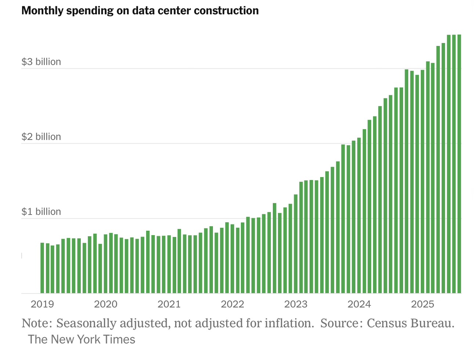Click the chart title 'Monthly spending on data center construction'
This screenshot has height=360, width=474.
click(x=140, y=11)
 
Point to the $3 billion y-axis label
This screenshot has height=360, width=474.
click(x=41, y=62)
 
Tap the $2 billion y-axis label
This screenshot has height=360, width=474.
click(x=41, y=137)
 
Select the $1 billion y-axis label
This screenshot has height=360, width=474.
click(x=41, y=212)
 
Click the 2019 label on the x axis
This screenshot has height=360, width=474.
click(x=42, y=304)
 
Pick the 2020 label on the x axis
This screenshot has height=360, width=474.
click(x=106, y=304)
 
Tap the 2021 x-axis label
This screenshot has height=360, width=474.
click(x=169, y=304)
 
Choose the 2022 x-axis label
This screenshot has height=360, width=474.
click(x=232, y=304)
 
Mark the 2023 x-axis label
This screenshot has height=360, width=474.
click(x=296, y=304)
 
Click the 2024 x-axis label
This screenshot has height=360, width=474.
click(x=359, y=304)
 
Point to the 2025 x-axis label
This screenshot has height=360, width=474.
click(x=423, y=304)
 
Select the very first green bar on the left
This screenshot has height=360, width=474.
click(x=42, y=268)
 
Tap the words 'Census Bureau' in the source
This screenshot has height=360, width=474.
click(x=410, y=323)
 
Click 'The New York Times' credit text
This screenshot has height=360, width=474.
click(x=82, y=339)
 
